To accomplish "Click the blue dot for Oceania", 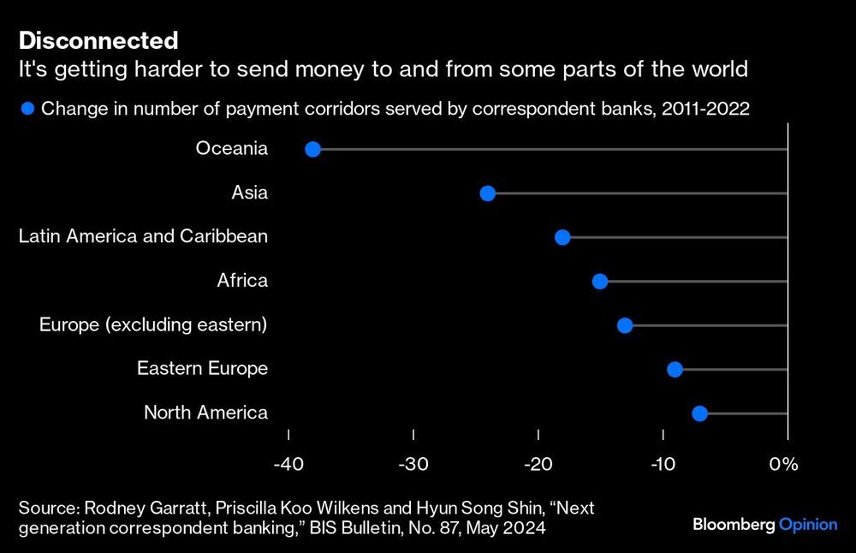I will point(312,150).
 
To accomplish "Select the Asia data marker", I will point(488,193).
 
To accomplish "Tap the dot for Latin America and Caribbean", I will point(562,237).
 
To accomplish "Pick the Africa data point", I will point(600,282).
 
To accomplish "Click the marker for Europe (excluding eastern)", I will point(625,325).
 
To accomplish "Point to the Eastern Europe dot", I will point(675,370).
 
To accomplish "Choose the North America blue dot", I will point(699,413).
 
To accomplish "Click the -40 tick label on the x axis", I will point(288,465).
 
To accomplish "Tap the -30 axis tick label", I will point(413,465).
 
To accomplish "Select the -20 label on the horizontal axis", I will point(538,465).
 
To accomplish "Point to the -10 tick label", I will point(662,465).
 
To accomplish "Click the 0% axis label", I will point(783,465).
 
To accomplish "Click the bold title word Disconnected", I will point(98,40).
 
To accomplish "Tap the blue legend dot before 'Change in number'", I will point(28,109).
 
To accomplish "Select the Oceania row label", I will point(231,149).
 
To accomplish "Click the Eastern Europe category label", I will point(202,369).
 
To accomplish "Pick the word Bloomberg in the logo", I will point(734,525).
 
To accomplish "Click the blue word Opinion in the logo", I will point(808,525).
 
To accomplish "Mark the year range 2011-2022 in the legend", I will point(707,109).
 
